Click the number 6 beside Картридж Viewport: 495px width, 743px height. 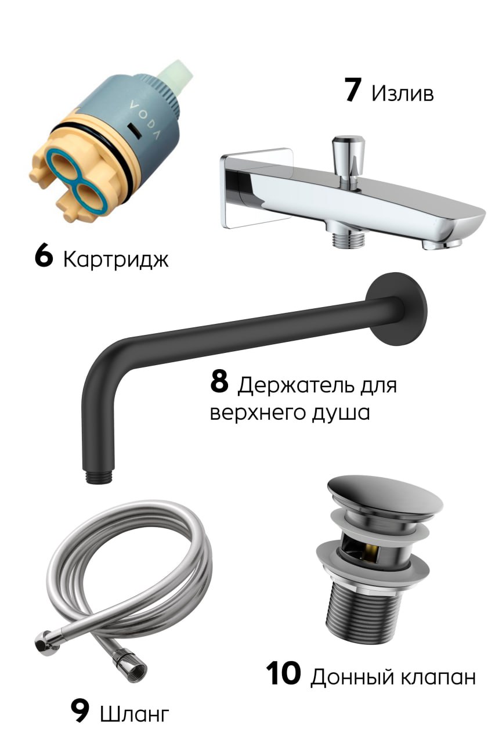(44, 258)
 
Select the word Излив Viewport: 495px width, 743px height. (402, 93)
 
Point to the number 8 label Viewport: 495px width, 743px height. (219, 383)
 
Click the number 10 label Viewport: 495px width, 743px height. (284, 675)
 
